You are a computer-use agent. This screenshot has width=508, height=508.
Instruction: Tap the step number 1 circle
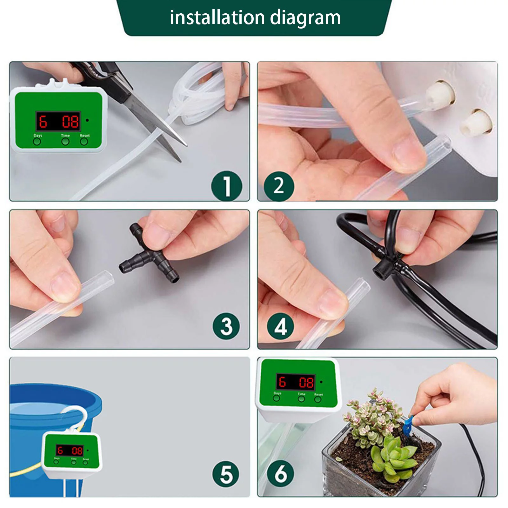click(x=227, y=186)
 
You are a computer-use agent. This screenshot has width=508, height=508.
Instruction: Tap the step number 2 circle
click(x=279, y=186)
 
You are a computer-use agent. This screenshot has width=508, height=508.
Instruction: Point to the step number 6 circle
click(x=281, y=474)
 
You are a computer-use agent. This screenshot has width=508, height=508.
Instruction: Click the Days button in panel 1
click(x=37, y=142)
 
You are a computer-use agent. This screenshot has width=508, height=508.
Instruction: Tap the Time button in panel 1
click(x=65, y=142)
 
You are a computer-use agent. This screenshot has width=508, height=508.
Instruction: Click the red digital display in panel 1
click(x=58, y=121)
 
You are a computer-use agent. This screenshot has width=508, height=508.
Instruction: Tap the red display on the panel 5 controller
click(x=70, y=450)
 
